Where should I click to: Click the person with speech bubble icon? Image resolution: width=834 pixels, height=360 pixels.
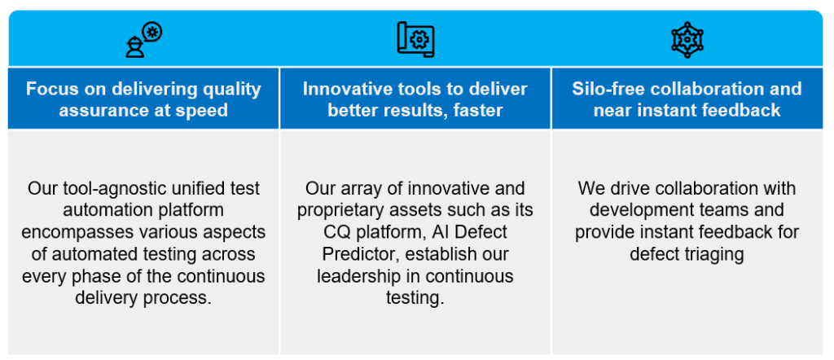coord(143,39)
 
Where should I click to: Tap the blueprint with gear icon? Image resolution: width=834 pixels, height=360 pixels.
coord(415,39)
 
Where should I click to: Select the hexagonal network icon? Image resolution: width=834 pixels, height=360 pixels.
coord(687,40)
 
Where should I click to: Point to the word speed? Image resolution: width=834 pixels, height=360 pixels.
coord(204,110)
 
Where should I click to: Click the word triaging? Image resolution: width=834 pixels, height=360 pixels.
coord(714,254)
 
